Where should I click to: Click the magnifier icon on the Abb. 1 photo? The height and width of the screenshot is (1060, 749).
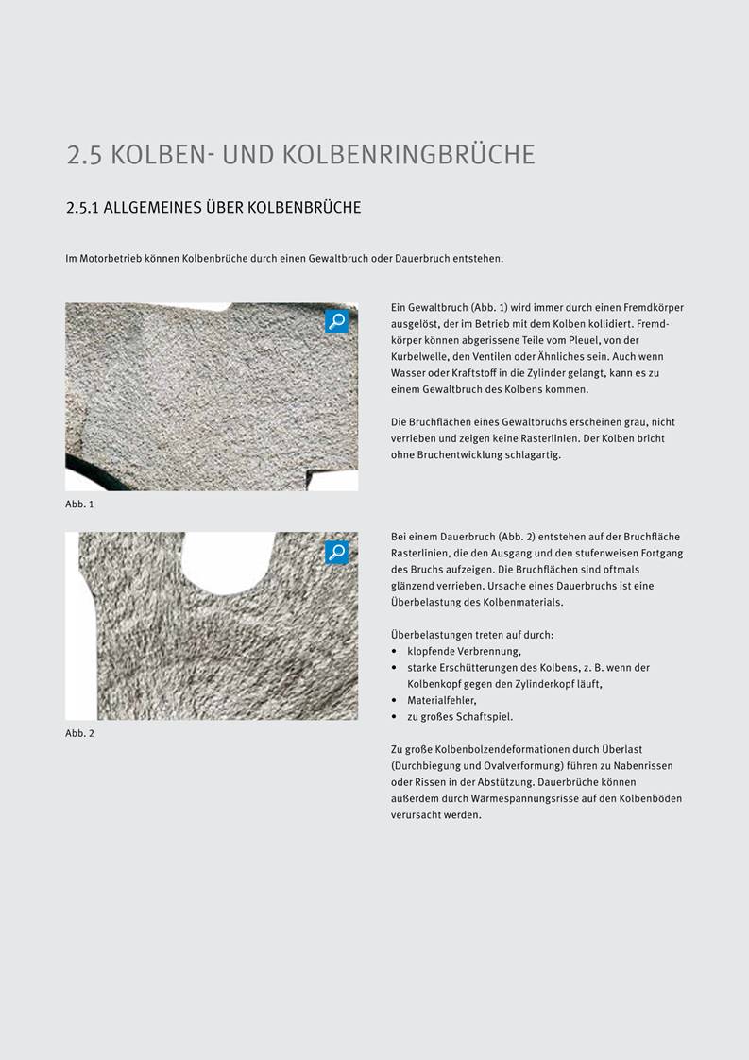point(337,321)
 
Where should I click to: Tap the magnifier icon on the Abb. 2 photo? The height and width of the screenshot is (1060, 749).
point(337,553)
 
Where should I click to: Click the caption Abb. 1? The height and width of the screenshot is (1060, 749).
point(79,504)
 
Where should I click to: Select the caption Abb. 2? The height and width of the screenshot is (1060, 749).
point(79,733)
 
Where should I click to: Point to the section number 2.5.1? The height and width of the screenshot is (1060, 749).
point(82,208)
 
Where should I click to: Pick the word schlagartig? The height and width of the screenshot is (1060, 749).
point(535,454)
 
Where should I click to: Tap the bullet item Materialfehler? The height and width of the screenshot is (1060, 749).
point(440,700)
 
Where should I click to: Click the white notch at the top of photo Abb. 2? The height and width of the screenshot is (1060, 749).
point(227,556)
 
